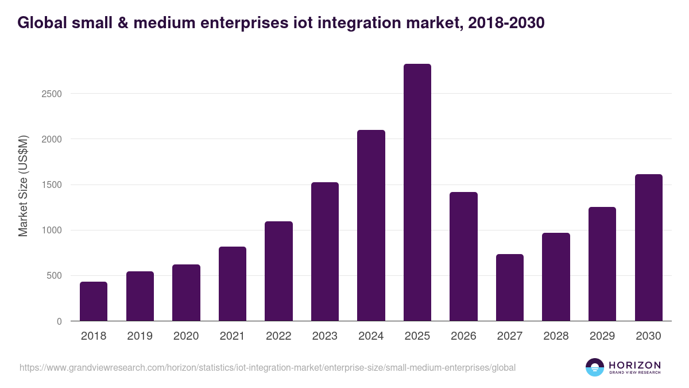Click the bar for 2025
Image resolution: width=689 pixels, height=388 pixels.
pos(417,193)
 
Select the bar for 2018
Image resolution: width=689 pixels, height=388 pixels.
pos(94,301)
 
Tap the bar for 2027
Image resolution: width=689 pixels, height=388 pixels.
pos(509,287)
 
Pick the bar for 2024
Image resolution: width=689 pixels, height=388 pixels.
pos(371,225)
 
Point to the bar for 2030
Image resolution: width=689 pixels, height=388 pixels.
pos(648,248)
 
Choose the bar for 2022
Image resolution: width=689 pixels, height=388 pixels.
pos(278,271)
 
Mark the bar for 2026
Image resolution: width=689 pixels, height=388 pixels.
pos(463,256)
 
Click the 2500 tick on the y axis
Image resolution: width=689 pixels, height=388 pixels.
pos(52,94)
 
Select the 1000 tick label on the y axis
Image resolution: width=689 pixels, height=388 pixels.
pos(52,231)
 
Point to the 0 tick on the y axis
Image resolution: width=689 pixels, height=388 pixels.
pos(59,322)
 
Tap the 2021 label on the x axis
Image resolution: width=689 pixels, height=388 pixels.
pos(233,336)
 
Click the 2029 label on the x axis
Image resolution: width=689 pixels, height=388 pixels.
pos(602,336)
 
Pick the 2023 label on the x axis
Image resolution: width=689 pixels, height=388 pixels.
pos(325,336)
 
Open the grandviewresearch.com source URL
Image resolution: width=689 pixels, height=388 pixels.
pos(268,367)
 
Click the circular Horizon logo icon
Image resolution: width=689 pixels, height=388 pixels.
pos(594,367)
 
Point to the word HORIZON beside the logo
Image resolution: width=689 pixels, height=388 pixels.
pos(634,365)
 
